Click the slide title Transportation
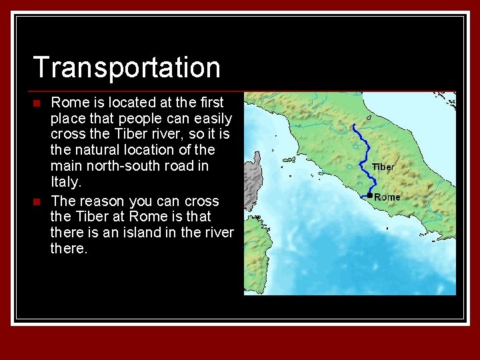[126, 67]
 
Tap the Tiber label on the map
[383, 167]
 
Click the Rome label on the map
[387, 197]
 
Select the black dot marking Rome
[369, 195]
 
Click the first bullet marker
[37, 103]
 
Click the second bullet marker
[37, 201]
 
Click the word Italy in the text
[65, 182]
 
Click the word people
[134, 119]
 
